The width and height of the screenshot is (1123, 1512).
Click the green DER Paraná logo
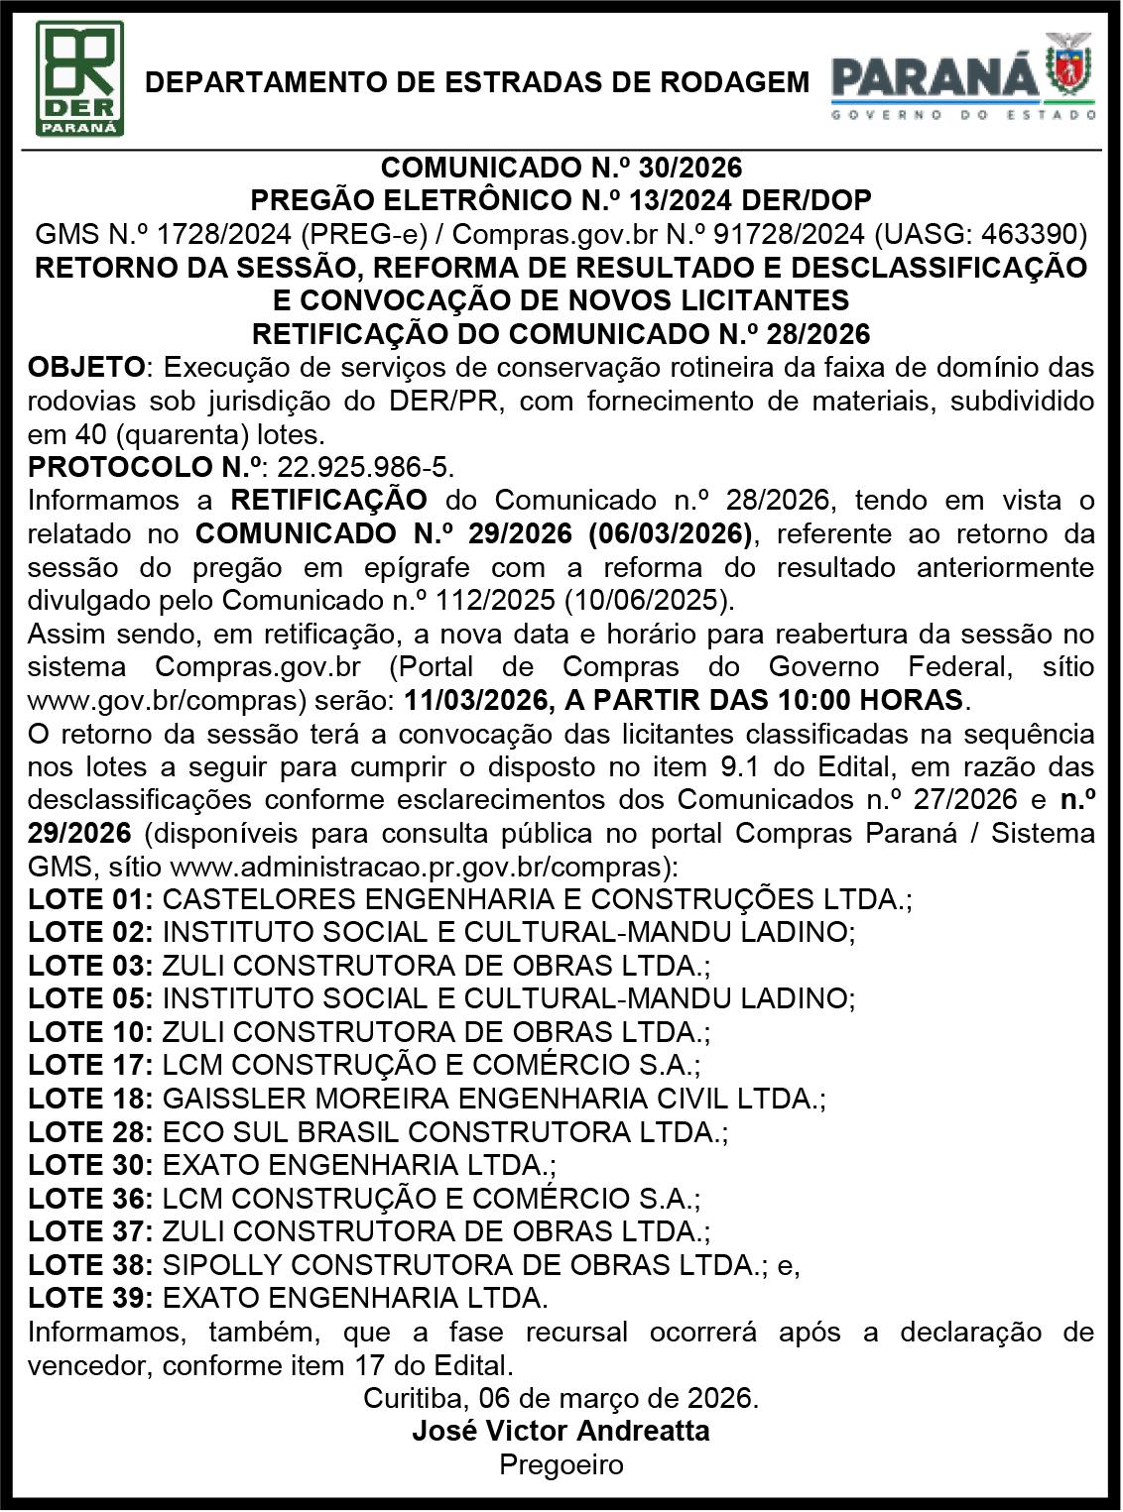(79, 78)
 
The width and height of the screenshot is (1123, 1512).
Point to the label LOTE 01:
(90, 899)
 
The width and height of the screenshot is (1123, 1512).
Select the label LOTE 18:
(90, 1099)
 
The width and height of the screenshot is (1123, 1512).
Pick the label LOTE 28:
(90, 1132)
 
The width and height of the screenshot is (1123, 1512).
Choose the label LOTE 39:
(90, 1298)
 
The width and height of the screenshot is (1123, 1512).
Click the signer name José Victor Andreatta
(561, 1431)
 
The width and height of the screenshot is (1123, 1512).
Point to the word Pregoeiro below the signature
(561, 1464)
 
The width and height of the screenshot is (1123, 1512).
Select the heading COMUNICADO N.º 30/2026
(561, 167)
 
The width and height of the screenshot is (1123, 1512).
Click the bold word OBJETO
(86, 367)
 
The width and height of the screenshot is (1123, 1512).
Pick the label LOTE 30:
(90, 1165)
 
